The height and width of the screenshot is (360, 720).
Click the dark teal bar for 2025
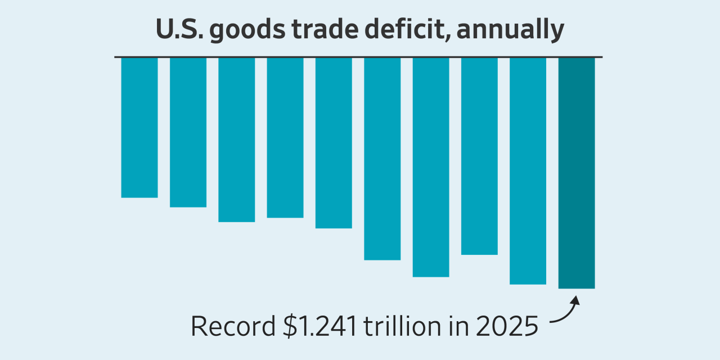577,173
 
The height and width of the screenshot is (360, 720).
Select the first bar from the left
139,127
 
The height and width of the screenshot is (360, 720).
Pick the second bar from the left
188,132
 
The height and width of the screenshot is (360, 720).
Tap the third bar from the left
237,139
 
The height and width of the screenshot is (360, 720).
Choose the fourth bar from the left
285,137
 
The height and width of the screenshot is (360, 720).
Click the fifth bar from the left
334,143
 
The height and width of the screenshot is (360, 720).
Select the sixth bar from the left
382,159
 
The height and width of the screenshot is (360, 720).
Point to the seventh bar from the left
431,167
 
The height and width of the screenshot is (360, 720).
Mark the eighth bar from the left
479,156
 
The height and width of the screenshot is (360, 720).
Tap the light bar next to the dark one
528,170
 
